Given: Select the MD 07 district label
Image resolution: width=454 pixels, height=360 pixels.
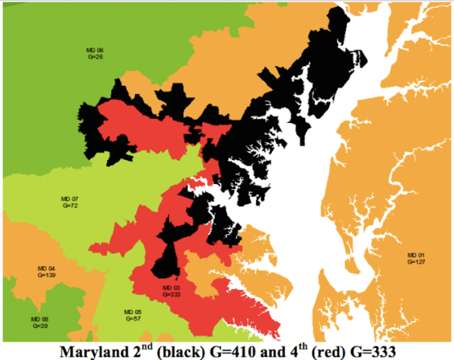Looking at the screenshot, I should click(x=69, y=198).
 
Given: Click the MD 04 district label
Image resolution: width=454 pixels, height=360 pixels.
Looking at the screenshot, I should click(x=46, y=268).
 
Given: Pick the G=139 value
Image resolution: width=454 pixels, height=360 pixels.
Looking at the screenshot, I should click(x=46, y=274).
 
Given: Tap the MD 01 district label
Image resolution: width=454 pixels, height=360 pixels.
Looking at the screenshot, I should click(x=416, y=255).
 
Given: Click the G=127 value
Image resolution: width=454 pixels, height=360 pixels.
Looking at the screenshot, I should click(x=416, y=261).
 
